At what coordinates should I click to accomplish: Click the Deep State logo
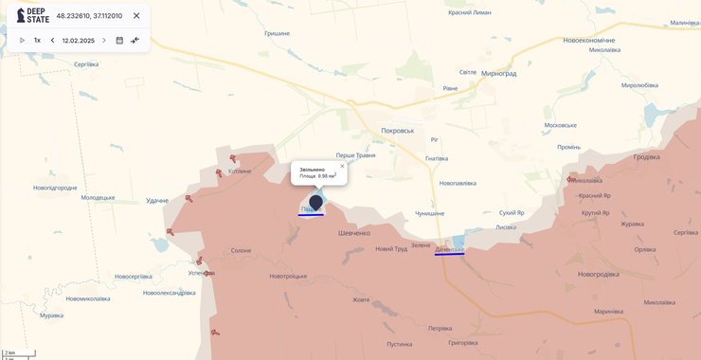32,16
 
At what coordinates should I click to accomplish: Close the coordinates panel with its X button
136,16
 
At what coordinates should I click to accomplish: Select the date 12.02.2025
79,41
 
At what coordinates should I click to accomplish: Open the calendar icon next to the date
119,41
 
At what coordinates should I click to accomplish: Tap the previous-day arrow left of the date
52,41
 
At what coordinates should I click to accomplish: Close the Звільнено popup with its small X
342,166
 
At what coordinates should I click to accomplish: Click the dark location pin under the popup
315,202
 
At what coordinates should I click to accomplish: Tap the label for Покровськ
398,130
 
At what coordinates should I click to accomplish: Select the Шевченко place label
354,232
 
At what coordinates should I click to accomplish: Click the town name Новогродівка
598,274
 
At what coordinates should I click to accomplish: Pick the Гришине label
278,33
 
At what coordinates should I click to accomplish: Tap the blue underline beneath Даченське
449,254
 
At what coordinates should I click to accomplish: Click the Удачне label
157,201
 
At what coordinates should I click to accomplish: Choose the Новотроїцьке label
288,276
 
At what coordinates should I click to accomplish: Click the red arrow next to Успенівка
210,273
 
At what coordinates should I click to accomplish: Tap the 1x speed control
37,41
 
